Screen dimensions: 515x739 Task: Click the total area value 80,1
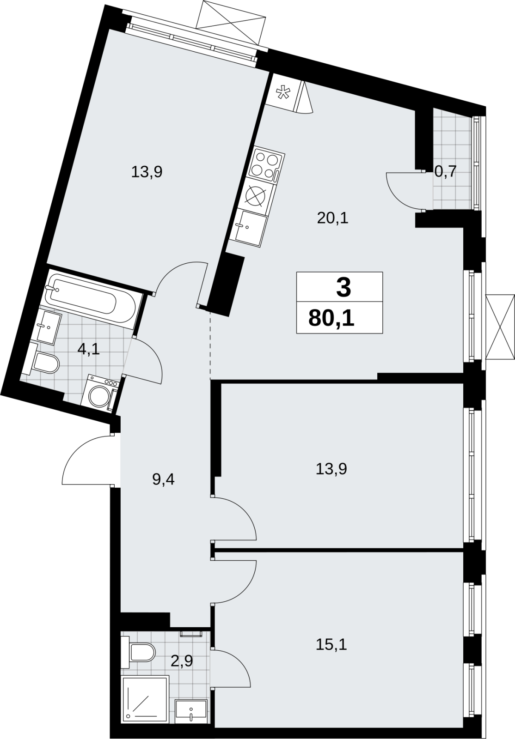coord(331,318)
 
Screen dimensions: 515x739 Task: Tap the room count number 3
coord(343,287)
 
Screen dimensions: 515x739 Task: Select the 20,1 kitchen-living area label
coord(333,218)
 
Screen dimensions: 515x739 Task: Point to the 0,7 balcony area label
coord(445,171)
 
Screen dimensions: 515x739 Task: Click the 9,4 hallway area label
coord(163,479)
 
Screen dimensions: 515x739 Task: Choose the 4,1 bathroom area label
coord(88,349)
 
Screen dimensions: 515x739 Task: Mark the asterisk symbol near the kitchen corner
coord(282,93)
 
